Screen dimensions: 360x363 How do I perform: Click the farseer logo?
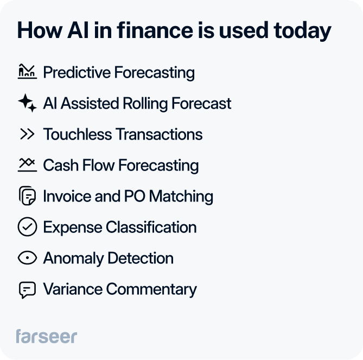(47, 336)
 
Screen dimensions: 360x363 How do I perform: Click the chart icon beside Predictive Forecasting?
(27, 72)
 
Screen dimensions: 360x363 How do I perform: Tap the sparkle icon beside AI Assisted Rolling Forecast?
(27, 103)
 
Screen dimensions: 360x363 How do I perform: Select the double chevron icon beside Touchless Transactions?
(27, 134)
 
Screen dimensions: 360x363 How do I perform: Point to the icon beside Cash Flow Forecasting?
(27, 165)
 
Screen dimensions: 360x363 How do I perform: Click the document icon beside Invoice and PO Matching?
(27, 196)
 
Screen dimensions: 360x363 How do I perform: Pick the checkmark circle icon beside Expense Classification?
(27, 227)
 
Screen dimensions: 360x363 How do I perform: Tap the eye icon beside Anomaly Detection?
(27, 258)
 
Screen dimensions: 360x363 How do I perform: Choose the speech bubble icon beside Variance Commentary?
(27, 289)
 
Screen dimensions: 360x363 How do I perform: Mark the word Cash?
(57, 165)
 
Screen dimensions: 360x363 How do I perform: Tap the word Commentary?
(151, 289)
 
